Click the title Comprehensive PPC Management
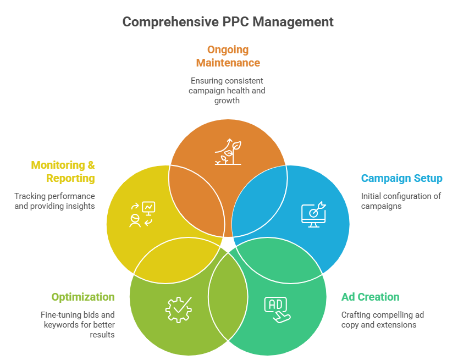click(x=228, y=22)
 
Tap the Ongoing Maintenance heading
click(x=228, y=56)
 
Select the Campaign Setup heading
click(x=401, y=179)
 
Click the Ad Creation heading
click(x=370, y=297)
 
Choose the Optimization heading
click(x=83, y=297)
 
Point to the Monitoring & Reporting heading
click(x=63, y=171)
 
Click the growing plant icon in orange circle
click(x=228, y=152)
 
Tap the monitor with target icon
click(x=313, y=213)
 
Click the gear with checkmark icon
click(x=179, y=309)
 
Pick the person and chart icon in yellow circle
click(x=142, y=214)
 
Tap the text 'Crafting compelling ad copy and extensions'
click(x=382, y=320)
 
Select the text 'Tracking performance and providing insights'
click(x=55, y=201)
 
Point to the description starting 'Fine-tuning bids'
click(x=78, y=324)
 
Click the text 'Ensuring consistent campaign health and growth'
click(x=228, y=90)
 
